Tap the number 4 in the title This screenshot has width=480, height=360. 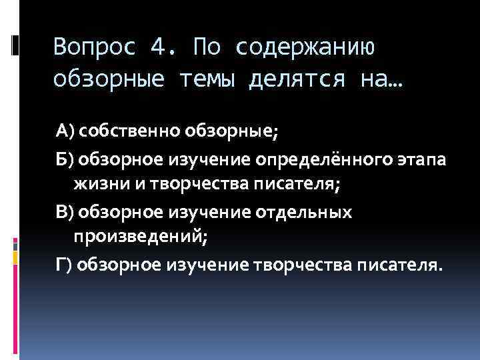click(x=159, y=47)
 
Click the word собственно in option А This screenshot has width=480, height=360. click(x=125, y=131)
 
